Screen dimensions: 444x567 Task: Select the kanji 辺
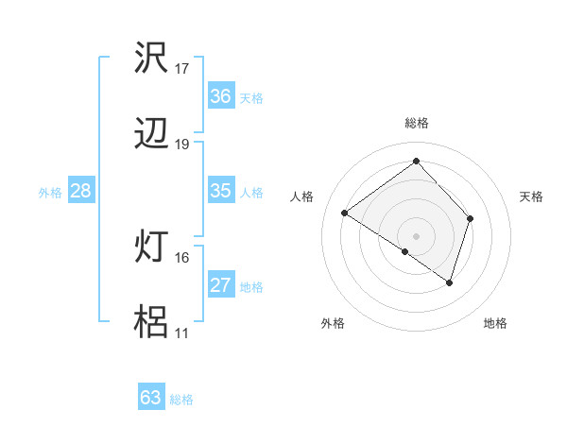[152, 136]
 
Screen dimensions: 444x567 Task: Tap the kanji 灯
[152, 248]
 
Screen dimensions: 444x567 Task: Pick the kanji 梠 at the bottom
[152, 323]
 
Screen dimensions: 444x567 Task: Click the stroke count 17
[182, 69]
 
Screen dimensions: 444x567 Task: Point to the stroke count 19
[182, 145]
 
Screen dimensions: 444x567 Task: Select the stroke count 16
[182, 257]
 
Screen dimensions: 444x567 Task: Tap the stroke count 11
[182, 333]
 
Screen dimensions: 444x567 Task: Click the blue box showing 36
[220, 96]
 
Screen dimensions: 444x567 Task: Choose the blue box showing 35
[220, 191]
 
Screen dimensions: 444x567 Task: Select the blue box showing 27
[220, 285]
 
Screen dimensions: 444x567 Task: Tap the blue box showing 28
[81, 191]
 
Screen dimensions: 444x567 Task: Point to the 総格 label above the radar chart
[417, 123]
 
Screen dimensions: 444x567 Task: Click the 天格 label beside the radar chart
[532, 196]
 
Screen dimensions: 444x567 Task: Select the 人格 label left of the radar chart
[302, 196]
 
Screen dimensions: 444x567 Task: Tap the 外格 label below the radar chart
[333, 323]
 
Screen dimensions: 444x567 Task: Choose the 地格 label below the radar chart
[495, 323]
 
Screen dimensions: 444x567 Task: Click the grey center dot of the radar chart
[417, 235]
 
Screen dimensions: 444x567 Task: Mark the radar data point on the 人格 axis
[345, 213]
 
